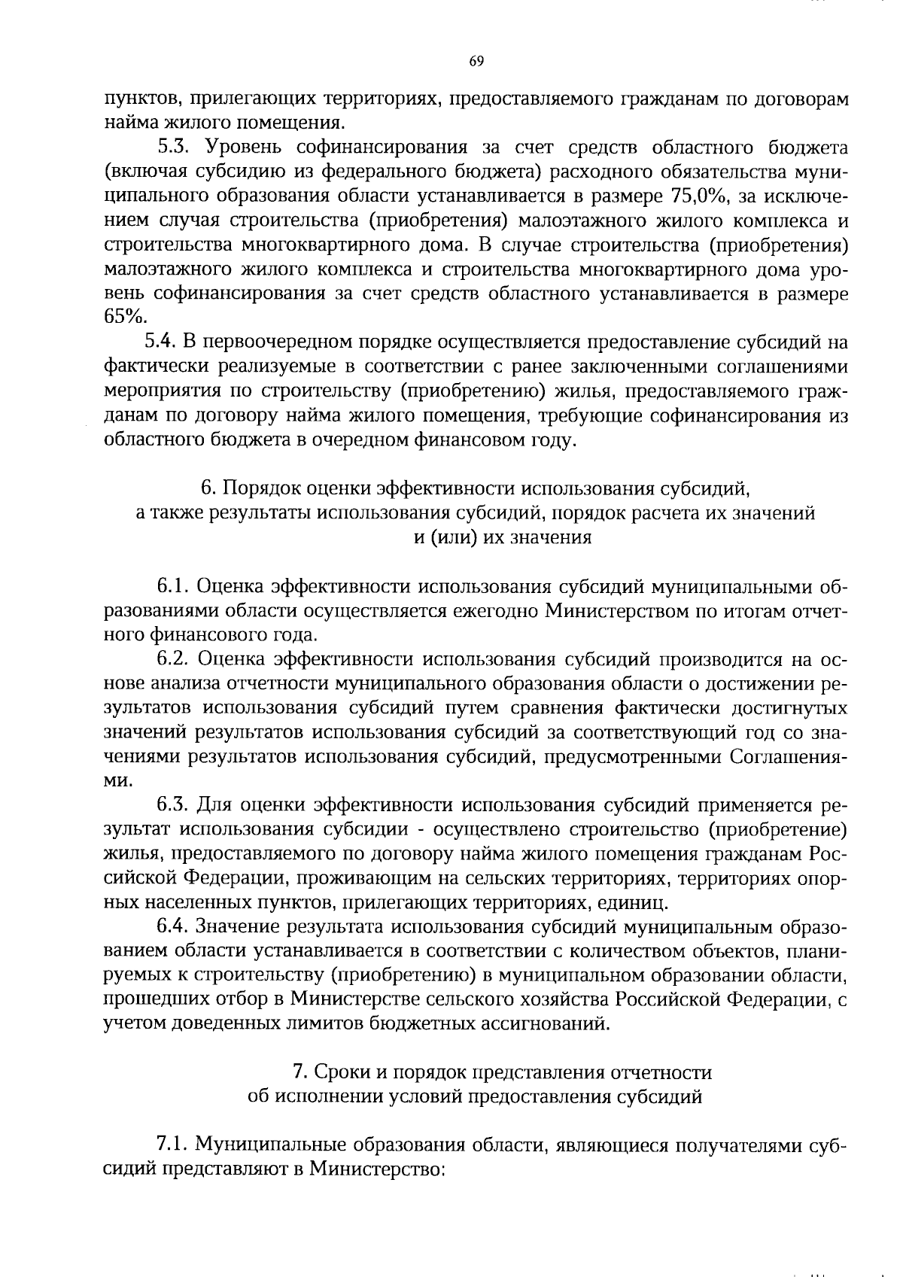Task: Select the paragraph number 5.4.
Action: tap(160, 343)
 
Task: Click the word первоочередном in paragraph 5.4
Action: tap(272, 343)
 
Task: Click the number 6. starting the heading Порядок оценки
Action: tap(208, 488)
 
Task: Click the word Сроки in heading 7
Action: tap(339, 1072)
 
